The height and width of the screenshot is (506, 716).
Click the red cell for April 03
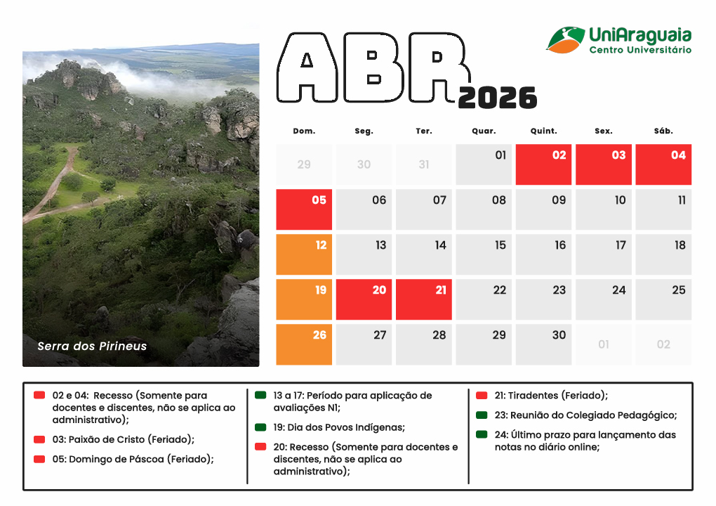pyautogui.click(x=604, y=164)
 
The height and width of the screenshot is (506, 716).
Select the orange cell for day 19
pyautogui.click(x=304, y=299)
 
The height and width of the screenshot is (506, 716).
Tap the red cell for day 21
pyautogui.click(x=424, y=299)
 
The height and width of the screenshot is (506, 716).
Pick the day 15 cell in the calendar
pyautogui.click(x=484, y=254)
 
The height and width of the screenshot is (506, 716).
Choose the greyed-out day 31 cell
pyautogui.click(x=424, y=164)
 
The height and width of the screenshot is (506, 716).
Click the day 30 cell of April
pyautogui.click(x=544, y=344)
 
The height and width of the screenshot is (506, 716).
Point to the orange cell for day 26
pyautogui.click(x=304, y=344)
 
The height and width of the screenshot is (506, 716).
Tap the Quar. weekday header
pyautogui.click(x=484, y=131)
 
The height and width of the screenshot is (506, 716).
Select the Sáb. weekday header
pyautogui.click(x=663, y=131)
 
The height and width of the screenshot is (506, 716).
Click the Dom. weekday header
pyautogui.click(x=304, y=131)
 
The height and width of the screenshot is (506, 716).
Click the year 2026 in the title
pyautogui.click(x=498, y=98)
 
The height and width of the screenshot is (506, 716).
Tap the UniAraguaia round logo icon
pyautogui.click(x=566, y=39)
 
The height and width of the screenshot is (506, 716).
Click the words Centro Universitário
pyautogui.click(x=639, y=51)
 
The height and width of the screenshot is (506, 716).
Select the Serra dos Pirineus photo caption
pyautogui.click(x=92, y=346)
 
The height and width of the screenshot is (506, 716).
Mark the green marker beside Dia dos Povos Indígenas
pyautogui.click(x=260, y=427)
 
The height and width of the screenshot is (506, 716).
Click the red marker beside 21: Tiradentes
pyautogui.click(x=482, y=395)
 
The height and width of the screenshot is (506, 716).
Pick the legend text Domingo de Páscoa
pyautogui.click(x=140, y=459)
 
